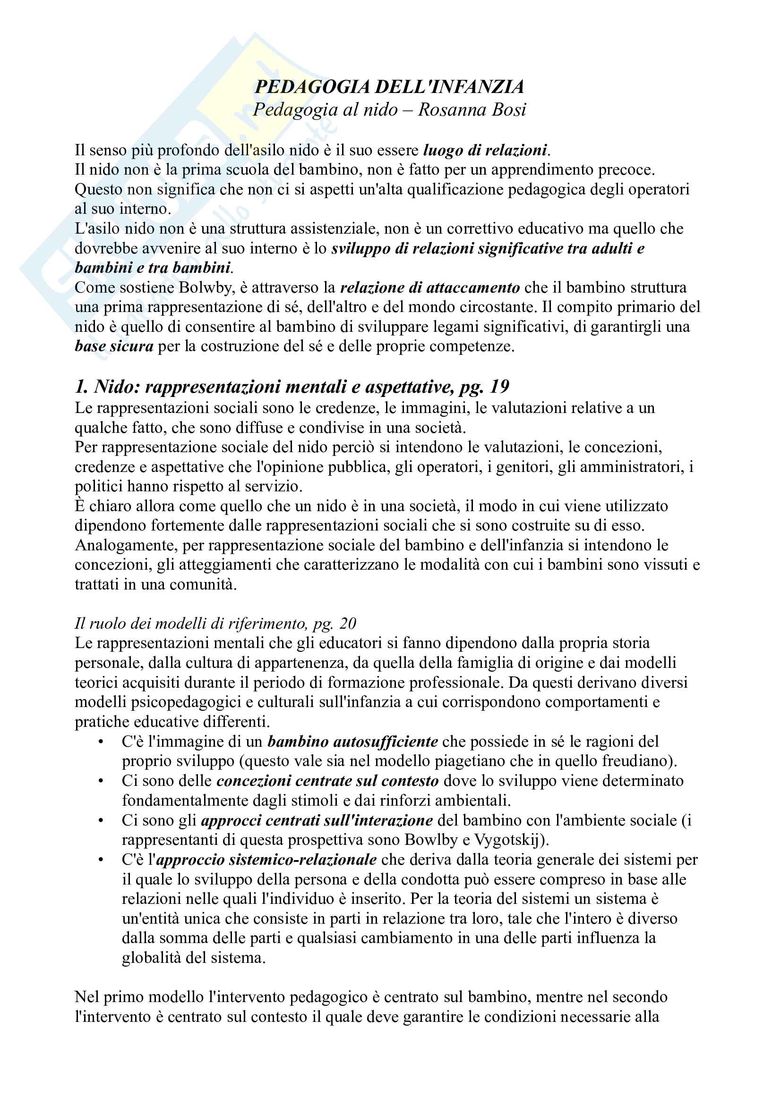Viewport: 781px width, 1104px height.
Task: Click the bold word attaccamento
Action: [464, 287]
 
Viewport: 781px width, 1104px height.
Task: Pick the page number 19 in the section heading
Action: [499, 387]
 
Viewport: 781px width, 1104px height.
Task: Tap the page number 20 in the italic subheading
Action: [347, 623]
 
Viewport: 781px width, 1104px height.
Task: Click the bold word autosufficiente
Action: [353, 742]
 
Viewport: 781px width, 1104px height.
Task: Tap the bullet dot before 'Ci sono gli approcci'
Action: [101, 820]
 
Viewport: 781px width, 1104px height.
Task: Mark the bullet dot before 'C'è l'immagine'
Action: [101, 742]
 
